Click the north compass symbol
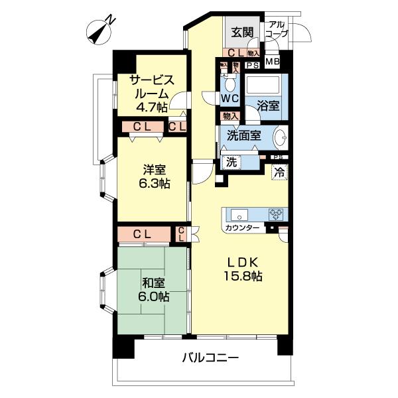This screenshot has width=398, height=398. [x=99, y=33]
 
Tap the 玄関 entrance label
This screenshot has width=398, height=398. [x=242, y=33]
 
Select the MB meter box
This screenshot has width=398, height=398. [x=273, y=62]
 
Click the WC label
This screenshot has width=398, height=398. [x=230, y=98]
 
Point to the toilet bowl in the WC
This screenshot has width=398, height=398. [x=230, y=84]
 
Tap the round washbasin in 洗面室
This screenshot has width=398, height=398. [x=280, y=137]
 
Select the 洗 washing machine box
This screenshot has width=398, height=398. [x=232, y=162]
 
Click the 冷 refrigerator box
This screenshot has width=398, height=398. [x=279, y=172]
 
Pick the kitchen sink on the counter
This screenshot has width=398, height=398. [x=239, y=215]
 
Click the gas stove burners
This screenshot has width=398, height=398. [x=276, y=214]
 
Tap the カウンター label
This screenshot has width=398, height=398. [x=242, y=228]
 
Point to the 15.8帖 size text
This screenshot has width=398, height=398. [x=243, y=276]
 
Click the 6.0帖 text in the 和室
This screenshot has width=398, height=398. [x=154, y=297]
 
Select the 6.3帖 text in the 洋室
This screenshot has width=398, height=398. [x=155, y=183]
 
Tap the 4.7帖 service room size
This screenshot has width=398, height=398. [x=152, y=107]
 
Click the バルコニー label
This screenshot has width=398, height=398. [x=211, y=358]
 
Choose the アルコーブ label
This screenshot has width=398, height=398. [x=277, y=29]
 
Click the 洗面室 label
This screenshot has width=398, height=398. [x=243, y=135]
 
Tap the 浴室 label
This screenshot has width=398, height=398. [x=268, y=106]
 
